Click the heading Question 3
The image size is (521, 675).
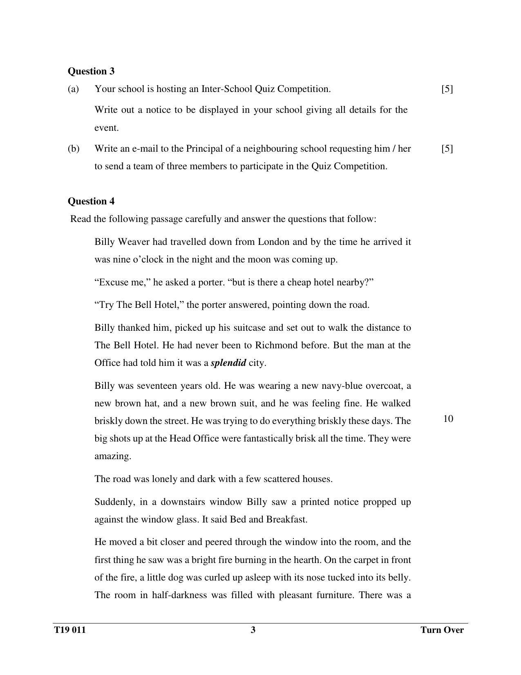tap(91, 71)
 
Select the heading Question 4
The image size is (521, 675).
tap(91, 201)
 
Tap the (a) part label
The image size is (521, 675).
tap(73, 89)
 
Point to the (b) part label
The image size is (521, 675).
tap(74, 148)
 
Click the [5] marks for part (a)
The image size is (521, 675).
tap(447, 89)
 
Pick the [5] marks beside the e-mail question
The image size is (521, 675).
tap(447, 148)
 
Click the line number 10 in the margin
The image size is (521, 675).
tap(448, 419)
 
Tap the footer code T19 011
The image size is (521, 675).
tap(70, 630)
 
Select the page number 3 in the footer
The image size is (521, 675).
tap(253, 630)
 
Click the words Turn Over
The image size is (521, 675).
tap(442, 630)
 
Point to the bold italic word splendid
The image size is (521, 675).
tap(228, 363)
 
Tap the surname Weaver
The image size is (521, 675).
tap(134, 242)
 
